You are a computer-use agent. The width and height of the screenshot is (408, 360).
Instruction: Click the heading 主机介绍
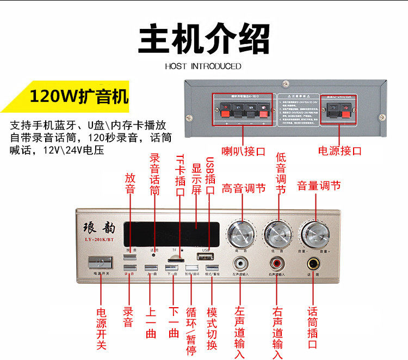[x=204, y=38]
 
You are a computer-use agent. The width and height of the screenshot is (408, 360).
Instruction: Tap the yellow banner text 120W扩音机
[x=79, y=97]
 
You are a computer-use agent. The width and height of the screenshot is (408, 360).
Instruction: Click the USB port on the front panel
[x=205, y=258]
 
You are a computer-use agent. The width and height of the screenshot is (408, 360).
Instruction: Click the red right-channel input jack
[x=277, y=265]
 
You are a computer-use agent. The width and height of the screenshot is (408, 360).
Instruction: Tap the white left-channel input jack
[x=240, y=265]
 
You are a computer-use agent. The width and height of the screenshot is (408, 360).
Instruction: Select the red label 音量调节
[x=319, y=186]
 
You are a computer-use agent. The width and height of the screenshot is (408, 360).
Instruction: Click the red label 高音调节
[x=244, y=188]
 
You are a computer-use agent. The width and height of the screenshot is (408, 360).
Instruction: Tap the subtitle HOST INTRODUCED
[x=203, y=66]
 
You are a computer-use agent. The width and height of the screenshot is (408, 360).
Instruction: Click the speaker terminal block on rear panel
[x=244, y=111]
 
